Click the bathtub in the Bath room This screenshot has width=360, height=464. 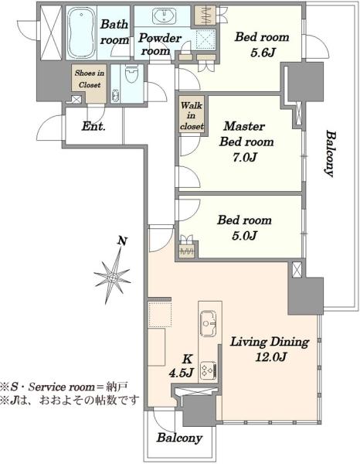pos(81,32)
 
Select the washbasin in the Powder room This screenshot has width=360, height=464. pos(164,15)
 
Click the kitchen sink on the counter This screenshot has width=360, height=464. pos(209,323)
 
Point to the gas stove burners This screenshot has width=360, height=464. pos(209,370)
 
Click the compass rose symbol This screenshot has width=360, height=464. pos(113,277)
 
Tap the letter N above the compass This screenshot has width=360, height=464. pos(122,241)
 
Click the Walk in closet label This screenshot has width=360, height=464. pos(192,116)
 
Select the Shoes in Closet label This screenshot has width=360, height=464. pos(90,79)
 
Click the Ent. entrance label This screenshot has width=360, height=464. pos(93,127)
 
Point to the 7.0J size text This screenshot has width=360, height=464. pos(244,158)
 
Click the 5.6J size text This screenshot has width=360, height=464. pos(263,53)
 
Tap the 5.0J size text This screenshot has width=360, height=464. pos(244,236)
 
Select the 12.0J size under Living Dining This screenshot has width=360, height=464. pos(270,357)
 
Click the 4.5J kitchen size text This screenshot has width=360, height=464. pos(182,373)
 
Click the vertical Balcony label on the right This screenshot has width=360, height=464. pos(331,153)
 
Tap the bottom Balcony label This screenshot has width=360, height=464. pos(179,438)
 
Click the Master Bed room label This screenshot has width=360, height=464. pos(246,134)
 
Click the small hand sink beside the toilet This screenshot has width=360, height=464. pos(115,96)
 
